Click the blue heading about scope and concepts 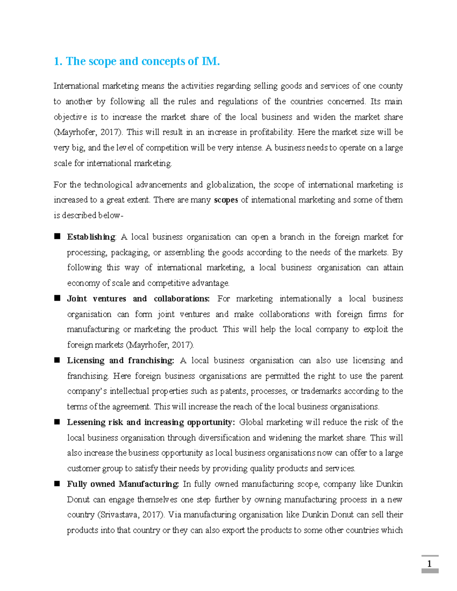(137, 61)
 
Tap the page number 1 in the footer (430, 564)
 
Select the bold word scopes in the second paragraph (226, 200)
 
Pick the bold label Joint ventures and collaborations (138, 299)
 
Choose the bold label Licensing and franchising (120, 360)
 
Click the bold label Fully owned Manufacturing (123, 484)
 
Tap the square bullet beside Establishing (57, 237)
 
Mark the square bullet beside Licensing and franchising (57, 360)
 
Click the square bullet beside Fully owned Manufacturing (57, 484)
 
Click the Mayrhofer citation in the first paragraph (88, 132)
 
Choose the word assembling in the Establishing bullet (184, 253)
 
